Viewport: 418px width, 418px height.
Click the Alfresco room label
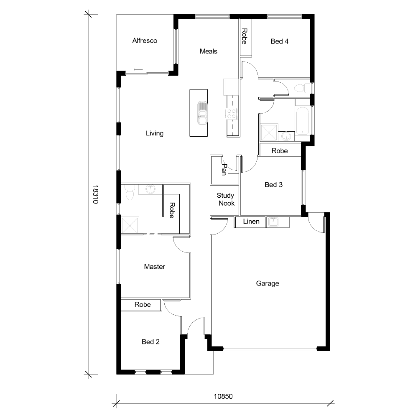point(145,41)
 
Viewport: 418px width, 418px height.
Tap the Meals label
point(208,51)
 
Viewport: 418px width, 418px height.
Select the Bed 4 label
point(280,41)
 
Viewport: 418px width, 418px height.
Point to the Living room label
point(154,133)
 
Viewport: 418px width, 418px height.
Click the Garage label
point(268,283)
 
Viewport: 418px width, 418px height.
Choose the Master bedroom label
point(154,267)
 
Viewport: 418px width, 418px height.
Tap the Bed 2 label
point(150,342)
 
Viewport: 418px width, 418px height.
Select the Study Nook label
point(226,199)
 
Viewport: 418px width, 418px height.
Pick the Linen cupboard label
point(251,222)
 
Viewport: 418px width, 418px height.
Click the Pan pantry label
point(224,170)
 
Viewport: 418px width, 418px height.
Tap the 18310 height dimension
point(95,194)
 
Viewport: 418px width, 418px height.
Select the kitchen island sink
point(202,113)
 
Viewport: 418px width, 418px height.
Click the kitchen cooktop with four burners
point(232,113)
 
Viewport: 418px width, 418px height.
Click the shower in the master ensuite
point(130,225)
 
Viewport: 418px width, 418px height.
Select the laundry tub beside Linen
point(273,222)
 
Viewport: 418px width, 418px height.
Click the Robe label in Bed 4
point(245,36)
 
